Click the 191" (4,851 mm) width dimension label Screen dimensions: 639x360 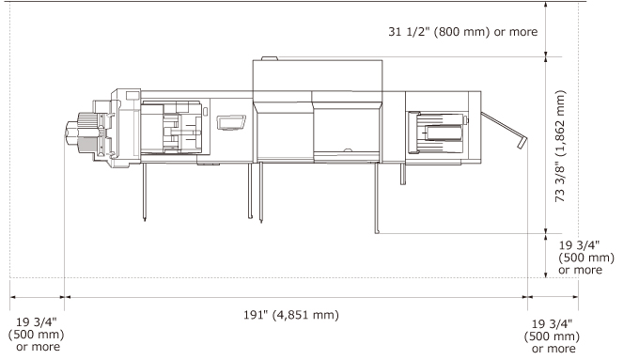pyautogui.click(x=291, y=315)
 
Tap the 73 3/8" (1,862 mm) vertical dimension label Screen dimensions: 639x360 pyautogui.click(x=561, y=146)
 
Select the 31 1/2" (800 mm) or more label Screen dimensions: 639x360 pyautogui.click(x=462, y=32)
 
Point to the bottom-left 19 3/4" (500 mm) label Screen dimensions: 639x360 pyautogui.click(x=37, y=335)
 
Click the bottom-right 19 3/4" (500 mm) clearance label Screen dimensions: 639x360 pyautogui.click(x=552, y=336)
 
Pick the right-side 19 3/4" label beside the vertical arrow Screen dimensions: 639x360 pyautogui.click(x=586, y=258)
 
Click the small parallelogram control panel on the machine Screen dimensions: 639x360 pyautogui.click(x=231, y=123)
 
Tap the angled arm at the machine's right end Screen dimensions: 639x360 pyautogui.click(x=504, y=130)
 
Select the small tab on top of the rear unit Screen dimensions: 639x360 pyautogui.click(x=270, y=58)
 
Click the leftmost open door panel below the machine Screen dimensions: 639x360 pyautogui.click(x=145, y=192)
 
